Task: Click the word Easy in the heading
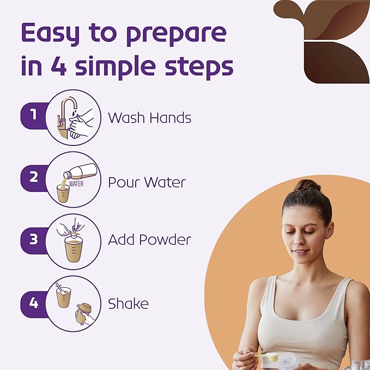50,33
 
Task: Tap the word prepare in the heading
176,35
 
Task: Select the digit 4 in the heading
59,66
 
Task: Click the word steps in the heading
199,67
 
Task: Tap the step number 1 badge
34,116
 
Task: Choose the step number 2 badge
34,178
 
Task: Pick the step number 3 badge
34,240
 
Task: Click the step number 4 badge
34,304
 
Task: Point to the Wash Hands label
150,118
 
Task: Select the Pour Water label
147,182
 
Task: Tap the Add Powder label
150,240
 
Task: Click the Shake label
128,304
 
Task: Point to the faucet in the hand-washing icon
65,118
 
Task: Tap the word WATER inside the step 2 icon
76,184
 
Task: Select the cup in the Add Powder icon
74,250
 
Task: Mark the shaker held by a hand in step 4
84,313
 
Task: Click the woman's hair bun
307,185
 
